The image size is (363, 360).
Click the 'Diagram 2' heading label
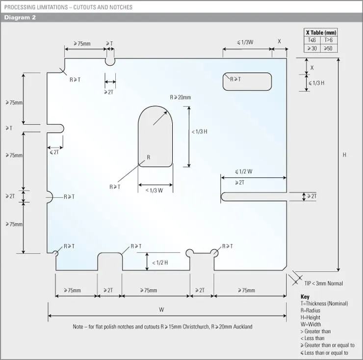pyautogui.click(x=20, y=18)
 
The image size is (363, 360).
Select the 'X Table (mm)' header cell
pyautogui.click(x=321, y=32)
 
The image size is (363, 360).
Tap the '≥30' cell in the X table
pyautogui.click(x=312, y=48)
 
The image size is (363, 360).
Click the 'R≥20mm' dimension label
pyautogui.click(x=181, y=97)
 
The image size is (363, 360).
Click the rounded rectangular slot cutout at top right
pyautogui.click(x=247, y=82)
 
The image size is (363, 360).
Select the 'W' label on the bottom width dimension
pyautogui.click(x=161, y=310)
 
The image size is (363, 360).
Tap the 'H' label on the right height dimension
pyautogui.click(x=344, y=155)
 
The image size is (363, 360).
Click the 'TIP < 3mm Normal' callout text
pyautogui.click(x=323, y=283)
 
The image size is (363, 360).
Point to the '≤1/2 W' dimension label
pyautogui.click(x=243, y=171)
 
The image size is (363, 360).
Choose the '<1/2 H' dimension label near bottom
pyautogui.click(x=160, y=263)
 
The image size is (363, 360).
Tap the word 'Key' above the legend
pyautogui.click(x=305, y=297)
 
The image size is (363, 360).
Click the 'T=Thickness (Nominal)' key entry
pyautogui.click(x=324, y=304)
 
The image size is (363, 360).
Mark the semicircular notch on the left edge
pyautogui.click(x=50, y=196)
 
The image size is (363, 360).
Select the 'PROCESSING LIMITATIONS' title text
pyautogui.click(x=32, y=7)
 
